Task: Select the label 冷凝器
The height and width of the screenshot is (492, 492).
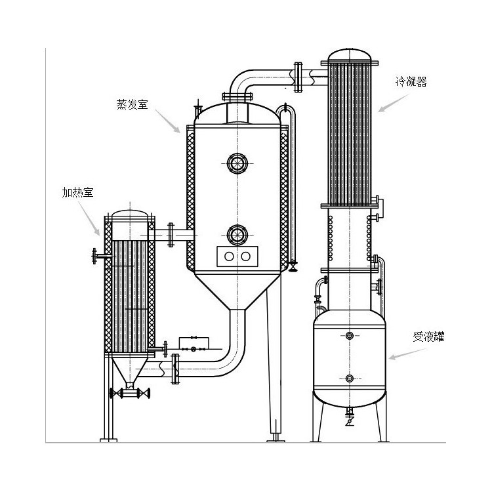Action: click(x=410, y=82)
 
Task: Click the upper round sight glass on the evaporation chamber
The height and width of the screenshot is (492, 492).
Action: click(x=236, y=162)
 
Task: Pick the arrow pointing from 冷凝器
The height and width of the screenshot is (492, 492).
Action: click(x=391, y=104)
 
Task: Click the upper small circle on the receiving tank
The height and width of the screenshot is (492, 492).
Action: click(x=349, y=336)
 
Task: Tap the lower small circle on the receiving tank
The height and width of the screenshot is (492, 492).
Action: click(x=349, y=379)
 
